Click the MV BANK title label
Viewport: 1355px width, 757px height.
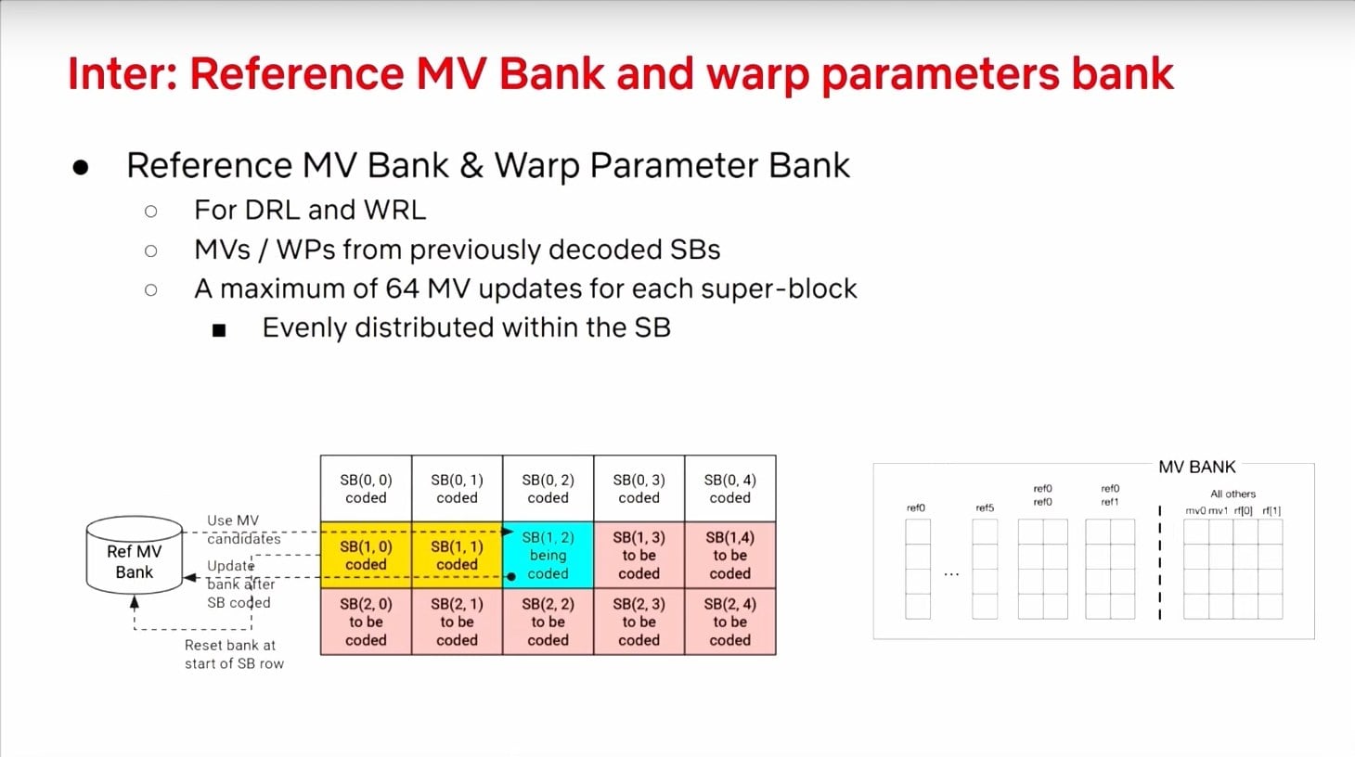1196,467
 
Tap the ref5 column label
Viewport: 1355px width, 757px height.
985,507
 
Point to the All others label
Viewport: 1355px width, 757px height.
1232,494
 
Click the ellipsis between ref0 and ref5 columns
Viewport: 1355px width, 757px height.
951,574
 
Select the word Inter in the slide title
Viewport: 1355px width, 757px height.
122,74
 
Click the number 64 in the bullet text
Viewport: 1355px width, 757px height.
402,289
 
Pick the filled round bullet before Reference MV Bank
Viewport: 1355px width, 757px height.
81,167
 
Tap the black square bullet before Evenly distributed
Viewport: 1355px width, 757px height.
219,329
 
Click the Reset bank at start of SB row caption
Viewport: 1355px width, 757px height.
234,654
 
